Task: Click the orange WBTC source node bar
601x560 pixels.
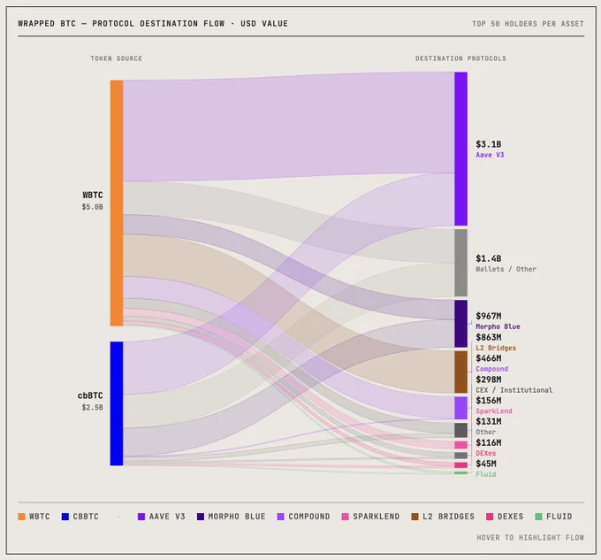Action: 117,203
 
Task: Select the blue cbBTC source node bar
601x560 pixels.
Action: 117,403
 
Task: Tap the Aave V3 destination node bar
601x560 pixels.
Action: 460,149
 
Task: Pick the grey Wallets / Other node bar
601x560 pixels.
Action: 460,263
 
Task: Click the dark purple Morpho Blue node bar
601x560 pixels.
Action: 460,324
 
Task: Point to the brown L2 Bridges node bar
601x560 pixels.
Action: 460,372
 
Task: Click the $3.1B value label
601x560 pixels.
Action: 488,144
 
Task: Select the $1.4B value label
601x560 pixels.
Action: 488,258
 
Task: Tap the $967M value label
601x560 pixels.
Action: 488,316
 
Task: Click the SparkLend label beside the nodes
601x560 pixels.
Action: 494,411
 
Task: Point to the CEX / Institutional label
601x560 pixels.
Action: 514,390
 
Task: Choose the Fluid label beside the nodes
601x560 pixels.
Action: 485,474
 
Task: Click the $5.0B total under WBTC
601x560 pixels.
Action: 93,207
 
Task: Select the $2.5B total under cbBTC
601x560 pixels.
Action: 93,407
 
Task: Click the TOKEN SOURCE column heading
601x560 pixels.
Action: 116,58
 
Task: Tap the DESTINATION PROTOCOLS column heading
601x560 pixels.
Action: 460,58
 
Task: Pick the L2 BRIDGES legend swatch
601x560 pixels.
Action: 415,517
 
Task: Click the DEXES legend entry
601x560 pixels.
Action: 505,517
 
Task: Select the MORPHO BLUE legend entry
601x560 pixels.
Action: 232,517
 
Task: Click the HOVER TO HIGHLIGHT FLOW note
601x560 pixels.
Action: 530,538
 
